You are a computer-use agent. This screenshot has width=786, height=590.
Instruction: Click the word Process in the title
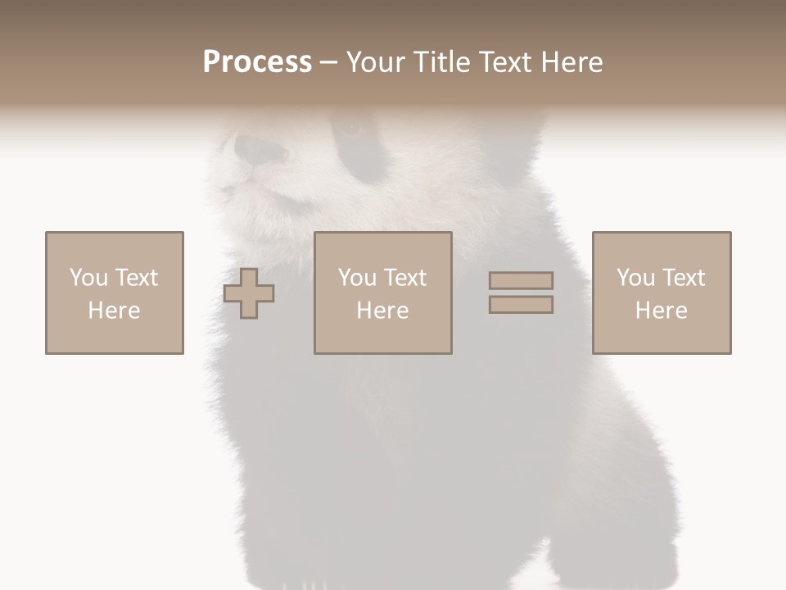(257, 62)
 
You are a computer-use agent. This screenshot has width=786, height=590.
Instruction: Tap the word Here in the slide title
(571, 62)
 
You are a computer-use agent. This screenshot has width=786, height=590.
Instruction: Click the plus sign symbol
(249, 293)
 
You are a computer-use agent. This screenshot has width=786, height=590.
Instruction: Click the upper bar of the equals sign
(521, 280)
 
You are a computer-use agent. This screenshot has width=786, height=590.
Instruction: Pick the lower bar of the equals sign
(521, 305)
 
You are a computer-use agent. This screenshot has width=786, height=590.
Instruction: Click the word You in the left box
(88, 278)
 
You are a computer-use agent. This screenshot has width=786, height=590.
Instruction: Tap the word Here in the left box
(114, 311)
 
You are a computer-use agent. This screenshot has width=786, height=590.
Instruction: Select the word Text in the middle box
(404, 278)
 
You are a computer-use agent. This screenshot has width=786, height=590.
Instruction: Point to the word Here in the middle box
(382, 311)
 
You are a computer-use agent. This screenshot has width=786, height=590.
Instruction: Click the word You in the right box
(635, 278)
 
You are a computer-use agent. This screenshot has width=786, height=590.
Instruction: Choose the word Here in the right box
(661, 311)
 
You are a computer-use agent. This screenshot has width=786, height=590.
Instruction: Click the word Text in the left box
(136, 278)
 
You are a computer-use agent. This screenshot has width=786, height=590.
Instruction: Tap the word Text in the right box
(683, 278)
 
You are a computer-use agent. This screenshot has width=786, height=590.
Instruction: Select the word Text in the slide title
(503, 62)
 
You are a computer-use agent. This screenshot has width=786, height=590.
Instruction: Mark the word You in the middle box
(357, 278)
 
